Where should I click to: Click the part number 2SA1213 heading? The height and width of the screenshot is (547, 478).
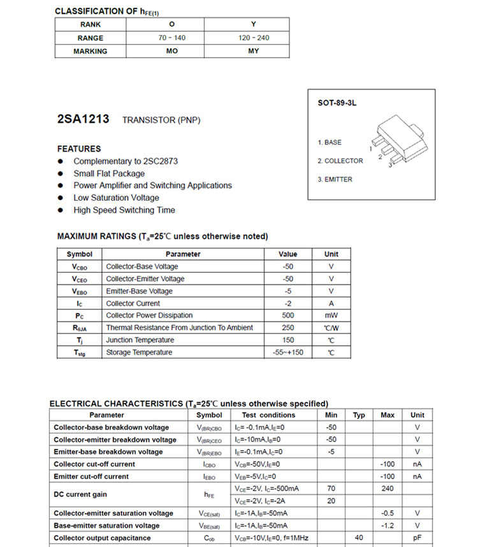[x=83, y=119]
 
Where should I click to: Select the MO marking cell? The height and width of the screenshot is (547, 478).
[x=171, y=51]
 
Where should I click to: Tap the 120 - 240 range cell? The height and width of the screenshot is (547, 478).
[x=254, y=38]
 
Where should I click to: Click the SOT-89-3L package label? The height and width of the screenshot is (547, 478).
[x=337, y=103]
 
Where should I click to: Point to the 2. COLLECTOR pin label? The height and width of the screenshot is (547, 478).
[x=340, y=161]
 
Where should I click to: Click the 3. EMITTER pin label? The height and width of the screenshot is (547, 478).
[x=335, y=180]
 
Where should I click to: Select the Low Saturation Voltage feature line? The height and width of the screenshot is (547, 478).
[x=116, y=197]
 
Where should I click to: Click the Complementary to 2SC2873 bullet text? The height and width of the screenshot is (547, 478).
[x=125, y=161]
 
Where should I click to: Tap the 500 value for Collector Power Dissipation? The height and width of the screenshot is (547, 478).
[x=288, y=315]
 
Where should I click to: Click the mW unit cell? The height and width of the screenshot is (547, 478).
[x=331, y=315]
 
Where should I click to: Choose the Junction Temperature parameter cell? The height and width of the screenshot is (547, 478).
[x=140, y=340]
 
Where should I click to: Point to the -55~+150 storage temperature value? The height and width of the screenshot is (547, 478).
[x=288, y=352]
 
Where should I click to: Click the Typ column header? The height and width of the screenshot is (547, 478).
[x=359, y=415]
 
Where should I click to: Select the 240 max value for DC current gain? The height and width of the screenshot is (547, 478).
[x=387, y=488]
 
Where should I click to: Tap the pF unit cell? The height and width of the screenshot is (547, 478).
[x=417, y=538]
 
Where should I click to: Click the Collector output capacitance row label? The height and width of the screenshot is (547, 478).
[x=102, y=538]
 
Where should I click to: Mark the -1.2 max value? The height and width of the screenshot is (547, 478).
[x=387, y=526]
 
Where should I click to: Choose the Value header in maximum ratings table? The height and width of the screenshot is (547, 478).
[x=288, y=254]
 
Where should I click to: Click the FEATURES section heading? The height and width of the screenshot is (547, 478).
[x=79, y=148]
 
